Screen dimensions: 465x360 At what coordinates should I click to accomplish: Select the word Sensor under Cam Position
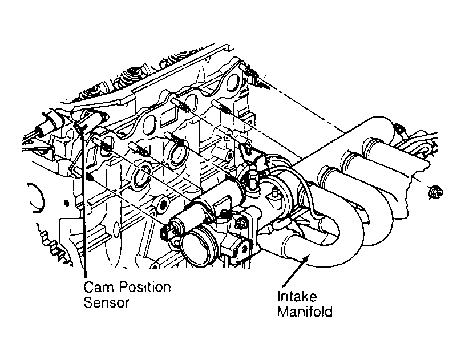106,303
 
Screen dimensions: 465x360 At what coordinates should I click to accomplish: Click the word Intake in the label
297,296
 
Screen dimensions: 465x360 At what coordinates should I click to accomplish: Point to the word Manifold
305,312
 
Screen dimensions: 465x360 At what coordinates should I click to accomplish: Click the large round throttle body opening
198,246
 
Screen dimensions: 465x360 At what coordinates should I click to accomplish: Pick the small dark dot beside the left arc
67,203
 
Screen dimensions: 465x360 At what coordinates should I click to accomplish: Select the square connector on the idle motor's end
166,232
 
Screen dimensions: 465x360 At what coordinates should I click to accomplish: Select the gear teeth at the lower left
52,243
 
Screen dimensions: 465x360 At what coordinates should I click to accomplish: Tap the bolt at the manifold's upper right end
401,131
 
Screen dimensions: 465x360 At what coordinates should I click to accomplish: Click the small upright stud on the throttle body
275,193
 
